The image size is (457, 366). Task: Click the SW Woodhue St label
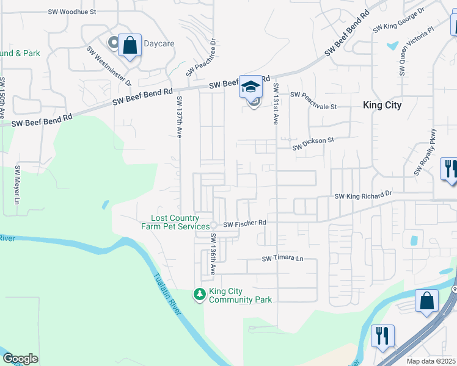pos(72,12)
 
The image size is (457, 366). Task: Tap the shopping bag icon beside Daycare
pos(130,45)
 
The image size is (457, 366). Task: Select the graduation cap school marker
pos(250,86)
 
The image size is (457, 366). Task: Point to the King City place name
pos(382,105)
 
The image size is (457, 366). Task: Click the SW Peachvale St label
pos(313,95)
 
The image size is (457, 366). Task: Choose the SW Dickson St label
pos(313,143)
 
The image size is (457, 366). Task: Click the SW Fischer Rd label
pos(244,224)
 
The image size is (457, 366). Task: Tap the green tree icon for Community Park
pos(199,295)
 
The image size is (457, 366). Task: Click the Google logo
pos(20,359)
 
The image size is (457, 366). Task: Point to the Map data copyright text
pos(431,361)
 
